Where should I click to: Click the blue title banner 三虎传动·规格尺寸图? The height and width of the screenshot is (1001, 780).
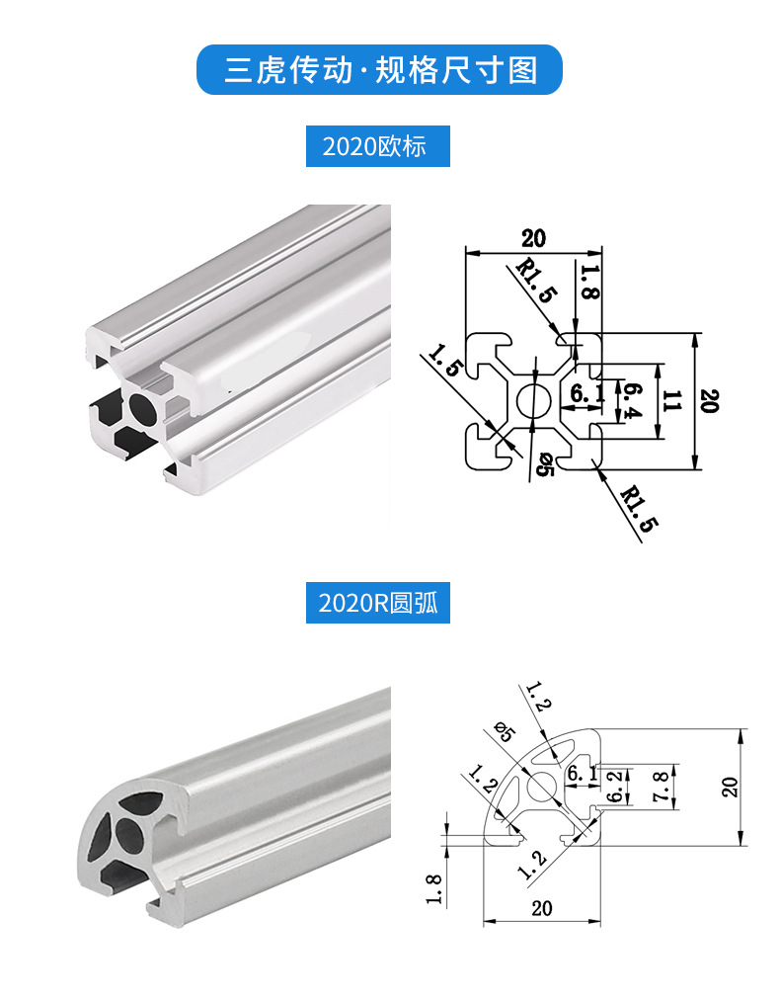379,69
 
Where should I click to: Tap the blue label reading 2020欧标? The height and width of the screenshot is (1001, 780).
378,146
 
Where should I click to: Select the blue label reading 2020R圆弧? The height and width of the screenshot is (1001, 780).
378,603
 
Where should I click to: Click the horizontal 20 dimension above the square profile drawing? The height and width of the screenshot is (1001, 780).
534,239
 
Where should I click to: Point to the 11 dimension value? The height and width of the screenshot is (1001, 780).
672,401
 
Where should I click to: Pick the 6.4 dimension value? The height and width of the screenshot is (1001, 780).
631,401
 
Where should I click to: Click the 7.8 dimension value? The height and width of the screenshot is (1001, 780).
661,788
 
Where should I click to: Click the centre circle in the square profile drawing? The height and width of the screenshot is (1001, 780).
534,401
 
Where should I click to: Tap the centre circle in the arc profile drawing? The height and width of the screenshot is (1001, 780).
542,786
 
